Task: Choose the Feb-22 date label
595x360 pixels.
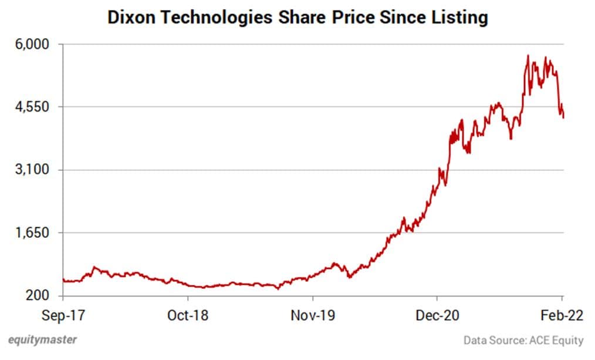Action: pos(562,315)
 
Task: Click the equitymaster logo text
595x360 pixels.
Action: pos(42,339)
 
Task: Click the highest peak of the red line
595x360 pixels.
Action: pos(528,56)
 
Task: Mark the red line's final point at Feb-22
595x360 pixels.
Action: pos(563,117)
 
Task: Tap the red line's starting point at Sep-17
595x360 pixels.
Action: pos(63,280)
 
